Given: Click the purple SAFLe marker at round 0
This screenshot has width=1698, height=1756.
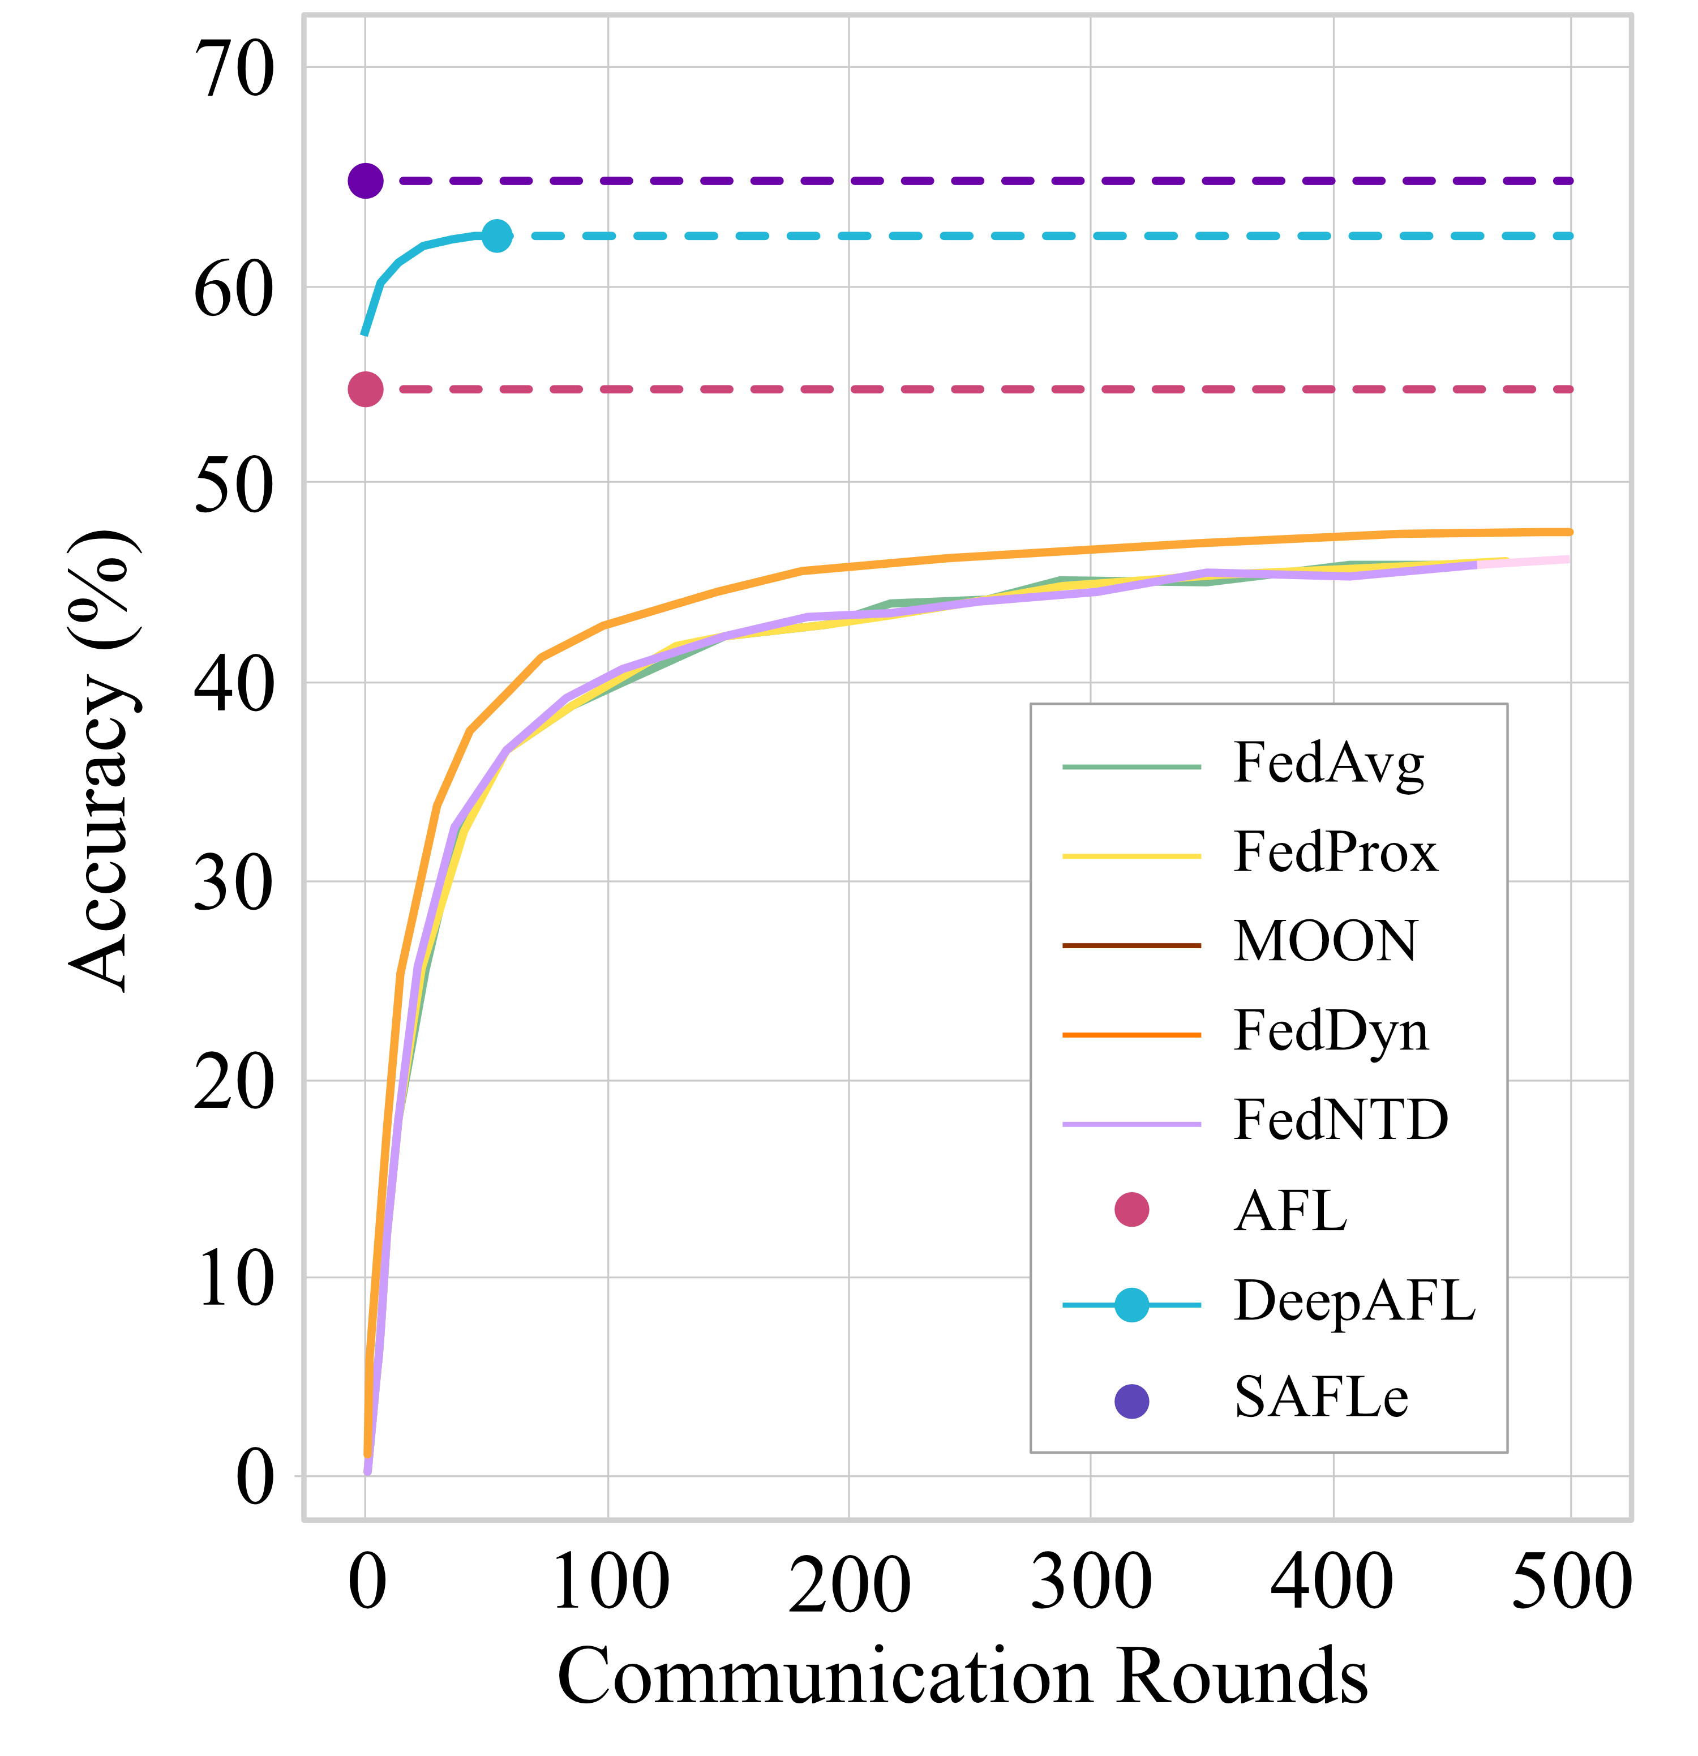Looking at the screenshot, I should pyautogui.click(x=366, y=181).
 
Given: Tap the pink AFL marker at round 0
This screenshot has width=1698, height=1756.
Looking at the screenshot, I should pyautogui.click(x=366, y=389).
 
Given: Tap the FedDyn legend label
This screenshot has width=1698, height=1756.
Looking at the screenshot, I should pyautogui.click(x=1331, y=1032).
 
